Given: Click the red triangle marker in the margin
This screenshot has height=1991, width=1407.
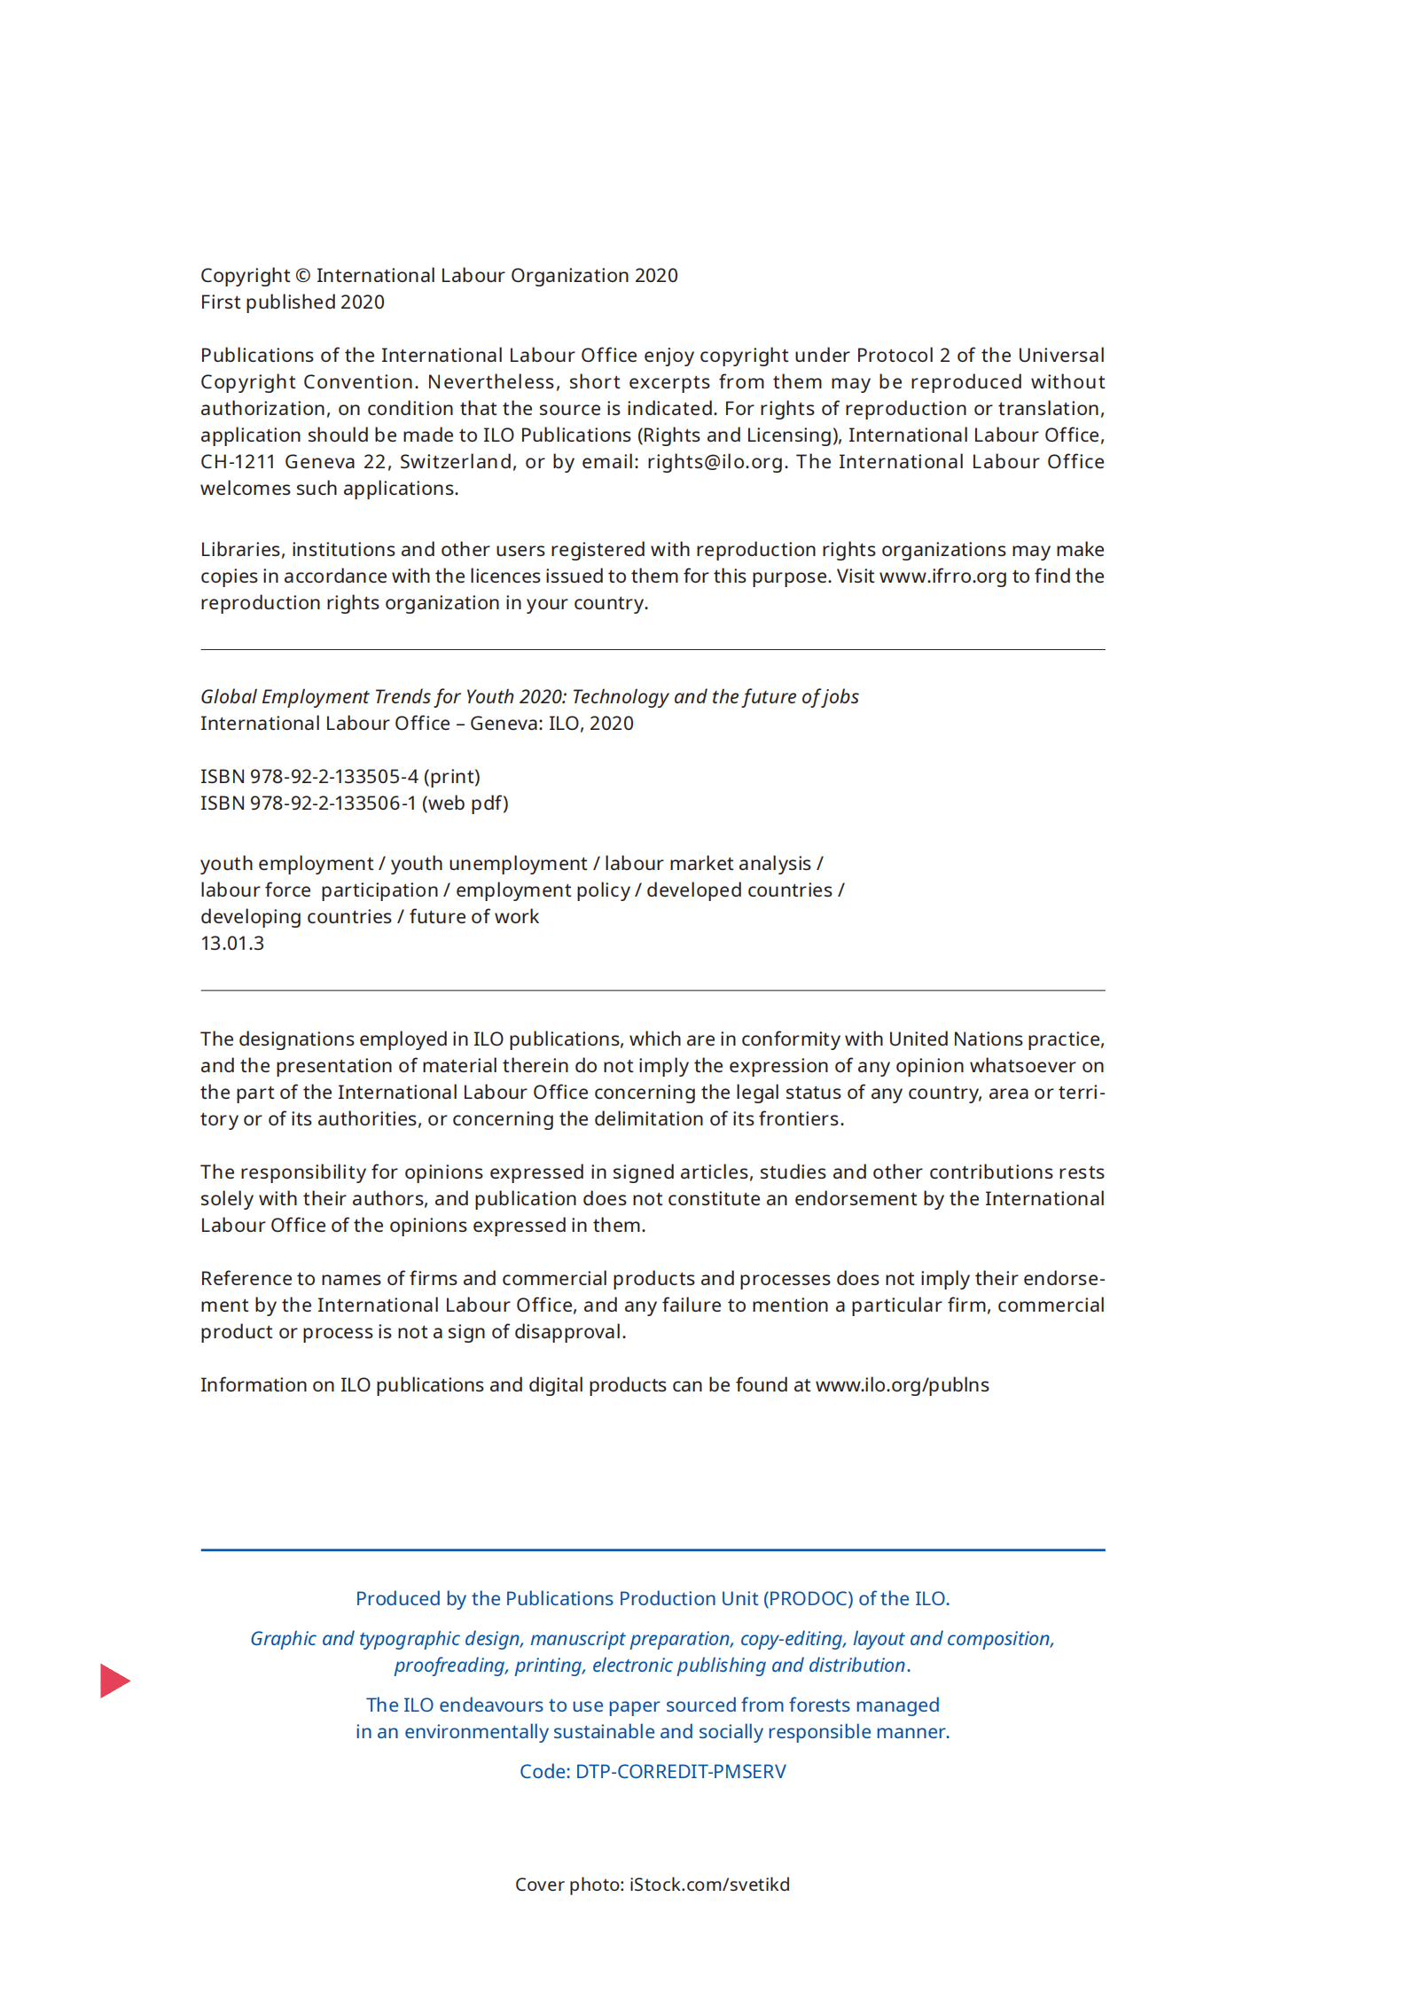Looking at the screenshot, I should tap(114, 1680).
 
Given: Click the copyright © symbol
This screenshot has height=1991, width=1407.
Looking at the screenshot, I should tap(302, 276).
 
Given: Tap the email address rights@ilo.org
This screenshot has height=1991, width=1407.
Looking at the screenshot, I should tap(715, 462).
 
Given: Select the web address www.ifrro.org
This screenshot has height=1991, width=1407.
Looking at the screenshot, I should tap(942, 576).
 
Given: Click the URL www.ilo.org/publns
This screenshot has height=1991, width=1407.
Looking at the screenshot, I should tap(902, 1385).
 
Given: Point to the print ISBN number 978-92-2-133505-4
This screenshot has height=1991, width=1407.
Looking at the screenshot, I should tap(333, 777).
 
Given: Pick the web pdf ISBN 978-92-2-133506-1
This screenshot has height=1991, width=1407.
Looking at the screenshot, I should tap(332, 803).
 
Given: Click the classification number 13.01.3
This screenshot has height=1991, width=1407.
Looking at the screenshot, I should tap(232, 944).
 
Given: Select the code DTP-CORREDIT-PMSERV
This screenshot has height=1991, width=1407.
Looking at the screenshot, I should tap(680, 1772).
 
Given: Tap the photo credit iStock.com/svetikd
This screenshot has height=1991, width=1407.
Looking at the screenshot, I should tap(709, 1885).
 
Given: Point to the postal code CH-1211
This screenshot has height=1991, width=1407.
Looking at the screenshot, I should tap(238, 462).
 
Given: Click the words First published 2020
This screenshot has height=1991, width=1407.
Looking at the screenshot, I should tap(292, 302).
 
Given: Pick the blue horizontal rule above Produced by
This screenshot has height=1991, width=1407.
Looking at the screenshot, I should tap(653, 1550).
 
